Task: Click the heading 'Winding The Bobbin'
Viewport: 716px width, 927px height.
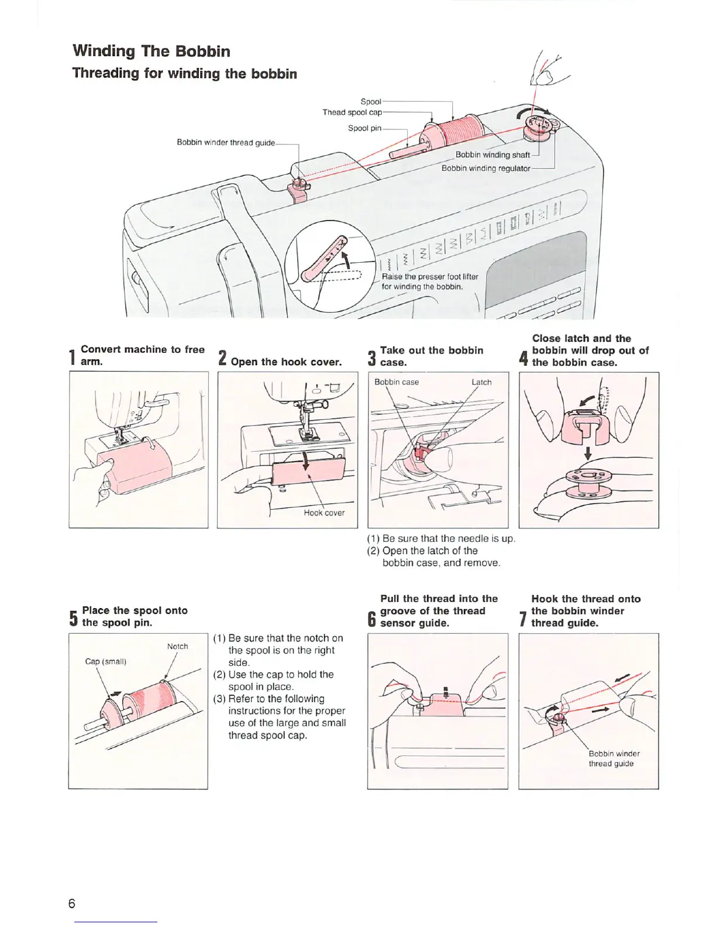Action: pos(151,51)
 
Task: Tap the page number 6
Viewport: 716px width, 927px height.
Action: pos(71,903)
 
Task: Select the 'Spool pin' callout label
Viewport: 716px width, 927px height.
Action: pos(364,128)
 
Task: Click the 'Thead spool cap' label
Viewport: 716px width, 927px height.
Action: pos(352,112)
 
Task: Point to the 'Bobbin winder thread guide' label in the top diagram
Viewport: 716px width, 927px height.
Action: pos(226,143)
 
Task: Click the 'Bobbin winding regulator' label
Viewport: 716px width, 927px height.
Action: pos(486,169)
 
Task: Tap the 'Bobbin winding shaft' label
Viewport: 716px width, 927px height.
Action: pos(493,155)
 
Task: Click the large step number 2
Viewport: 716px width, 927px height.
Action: pos(222,358)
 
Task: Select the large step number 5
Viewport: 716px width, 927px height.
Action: pos(73,618)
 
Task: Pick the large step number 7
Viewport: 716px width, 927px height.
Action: pos(524,619)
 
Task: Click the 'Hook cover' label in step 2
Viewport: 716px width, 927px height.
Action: pos(324,513)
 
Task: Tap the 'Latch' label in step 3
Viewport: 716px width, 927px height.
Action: pos(481,382)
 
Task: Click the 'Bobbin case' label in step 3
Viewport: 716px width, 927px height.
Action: pos(397,382)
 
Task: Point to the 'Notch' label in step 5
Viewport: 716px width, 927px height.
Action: pos(177,646)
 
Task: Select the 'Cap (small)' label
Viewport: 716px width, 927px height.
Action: pos(105,661)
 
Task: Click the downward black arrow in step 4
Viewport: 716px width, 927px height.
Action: pos(588,453)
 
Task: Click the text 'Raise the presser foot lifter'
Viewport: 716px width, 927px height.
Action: pos(429,277)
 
